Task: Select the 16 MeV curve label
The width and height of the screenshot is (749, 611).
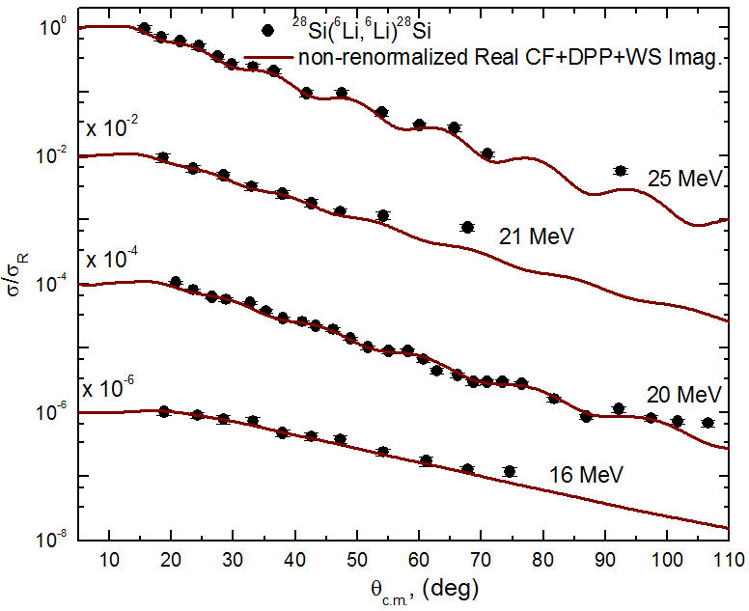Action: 586,475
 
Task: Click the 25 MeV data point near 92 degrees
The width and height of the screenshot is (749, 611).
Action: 621,171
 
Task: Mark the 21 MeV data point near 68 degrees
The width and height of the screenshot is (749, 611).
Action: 467,227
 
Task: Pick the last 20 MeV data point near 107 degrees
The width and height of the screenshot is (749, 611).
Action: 707,423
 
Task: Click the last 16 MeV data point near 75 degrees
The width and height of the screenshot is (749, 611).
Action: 510,471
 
